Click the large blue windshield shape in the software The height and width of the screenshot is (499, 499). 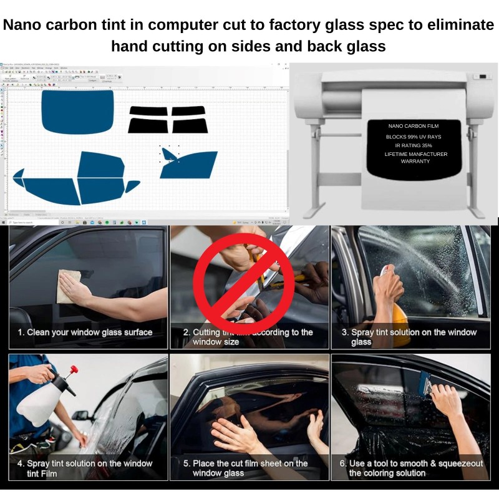click(x=77, y=111)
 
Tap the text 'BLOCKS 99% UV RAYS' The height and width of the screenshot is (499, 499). click(x=413, y=136)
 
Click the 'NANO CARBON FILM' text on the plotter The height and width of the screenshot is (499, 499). click(x=413, y=126)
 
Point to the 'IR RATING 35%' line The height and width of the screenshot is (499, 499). click(x=413, y=145)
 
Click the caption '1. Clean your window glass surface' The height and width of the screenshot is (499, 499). click(x=85, y=332)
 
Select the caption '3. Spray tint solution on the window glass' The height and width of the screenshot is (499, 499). click(x=409, y=337)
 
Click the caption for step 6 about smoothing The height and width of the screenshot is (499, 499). click(x=411, y=468)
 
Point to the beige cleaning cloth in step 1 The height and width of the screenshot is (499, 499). click(x=70, y=281)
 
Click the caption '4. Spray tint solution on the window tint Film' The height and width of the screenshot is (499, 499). click(x=84, y=468)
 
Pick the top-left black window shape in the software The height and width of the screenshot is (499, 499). click(x=148, y=111)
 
